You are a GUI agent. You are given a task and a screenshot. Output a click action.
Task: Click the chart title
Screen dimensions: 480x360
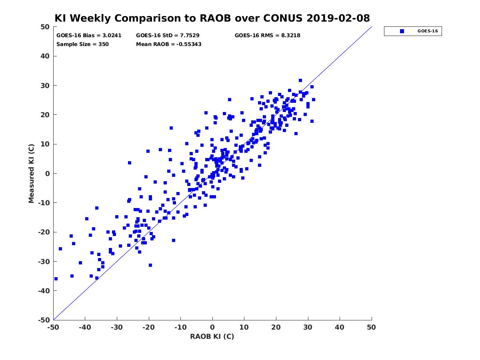tap(212, 18)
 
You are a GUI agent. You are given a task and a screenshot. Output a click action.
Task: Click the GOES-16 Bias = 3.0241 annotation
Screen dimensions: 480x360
tap(89, 36)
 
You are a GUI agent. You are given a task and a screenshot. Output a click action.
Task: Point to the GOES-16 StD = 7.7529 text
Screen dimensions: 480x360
tap(168, 36)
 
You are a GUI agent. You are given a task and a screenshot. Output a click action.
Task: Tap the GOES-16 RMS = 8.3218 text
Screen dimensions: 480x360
tap(268, 36)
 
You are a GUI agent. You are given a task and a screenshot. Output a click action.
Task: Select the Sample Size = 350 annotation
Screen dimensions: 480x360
tap(82, 44)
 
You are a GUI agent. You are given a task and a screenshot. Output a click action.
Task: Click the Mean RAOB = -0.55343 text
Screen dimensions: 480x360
tap(169, 44)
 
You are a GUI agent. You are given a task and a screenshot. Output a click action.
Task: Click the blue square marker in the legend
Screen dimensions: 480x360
tap(402, 31)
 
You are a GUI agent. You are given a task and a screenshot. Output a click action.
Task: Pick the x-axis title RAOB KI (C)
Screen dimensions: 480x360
tap(212, 336)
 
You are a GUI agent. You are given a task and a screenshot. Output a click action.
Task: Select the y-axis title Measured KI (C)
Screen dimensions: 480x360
tap(31, 173)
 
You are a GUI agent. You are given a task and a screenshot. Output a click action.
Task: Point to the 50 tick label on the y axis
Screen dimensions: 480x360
tap(45, 27)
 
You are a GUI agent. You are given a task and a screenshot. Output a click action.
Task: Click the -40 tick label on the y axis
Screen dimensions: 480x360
tap(44, 291)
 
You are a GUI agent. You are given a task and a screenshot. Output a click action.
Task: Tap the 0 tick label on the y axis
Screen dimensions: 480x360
tap(48, 174)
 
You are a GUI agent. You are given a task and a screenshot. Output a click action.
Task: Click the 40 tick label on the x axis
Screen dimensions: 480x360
tap(340, 327)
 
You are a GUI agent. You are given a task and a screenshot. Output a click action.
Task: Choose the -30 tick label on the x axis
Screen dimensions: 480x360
tap(117, 327)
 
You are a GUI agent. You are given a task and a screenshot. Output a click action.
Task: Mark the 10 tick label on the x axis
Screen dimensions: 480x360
tap(244, 327)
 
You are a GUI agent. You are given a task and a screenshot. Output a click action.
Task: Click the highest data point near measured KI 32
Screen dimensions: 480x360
tap(300, 80)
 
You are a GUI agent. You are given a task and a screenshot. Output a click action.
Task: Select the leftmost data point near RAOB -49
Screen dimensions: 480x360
tap(56, 279)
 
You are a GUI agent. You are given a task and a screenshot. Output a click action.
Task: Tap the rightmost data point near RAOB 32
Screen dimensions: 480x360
tap(314, 100)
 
